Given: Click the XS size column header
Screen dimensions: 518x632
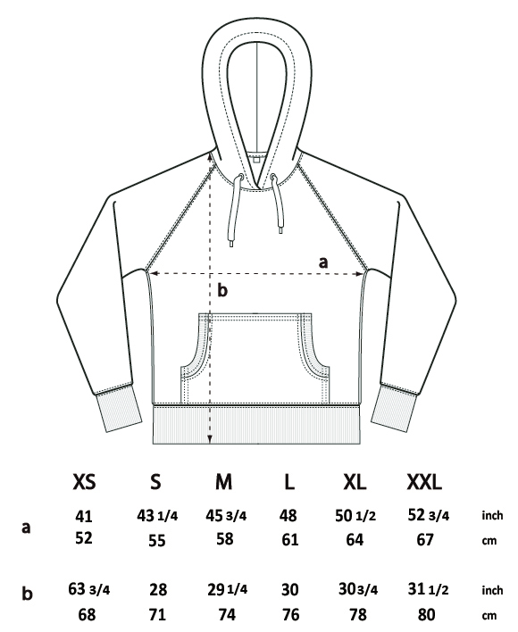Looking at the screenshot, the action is (x=84, y=481).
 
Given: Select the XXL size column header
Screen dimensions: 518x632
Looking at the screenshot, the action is (x=424, y=481).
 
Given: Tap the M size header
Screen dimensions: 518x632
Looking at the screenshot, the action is (x=224, y=481).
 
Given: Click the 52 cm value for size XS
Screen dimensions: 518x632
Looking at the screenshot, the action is (x=84, y=538).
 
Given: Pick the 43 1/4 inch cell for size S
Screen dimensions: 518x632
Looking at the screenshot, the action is (x=157, y=516).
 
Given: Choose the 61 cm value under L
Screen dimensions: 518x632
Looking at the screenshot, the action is (x=290, y=539).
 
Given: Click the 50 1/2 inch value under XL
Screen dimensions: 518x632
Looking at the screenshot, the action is (x=355, y=516).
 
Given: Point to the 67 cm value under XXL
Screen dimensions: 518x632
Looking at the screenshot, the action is (x=425, y=539).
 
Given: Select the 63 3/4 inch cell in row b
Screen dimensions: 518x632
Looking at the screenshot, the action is (x=88, y=589).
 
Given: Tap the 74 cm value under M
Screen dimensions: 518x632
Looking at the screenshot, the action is (x=227, y=614).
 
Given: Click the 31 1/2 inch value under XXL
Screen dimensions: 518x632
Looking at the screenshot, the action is (x=428, y=589).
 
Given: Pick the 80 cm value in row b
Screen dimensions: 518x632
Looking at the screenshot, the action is (x=427, y=614).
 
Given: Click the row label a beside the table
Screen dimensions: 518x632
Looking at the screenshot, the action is (x=26, y=528).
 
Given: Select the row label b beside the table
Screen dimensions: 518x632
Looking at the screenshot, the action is (x=27, y=593).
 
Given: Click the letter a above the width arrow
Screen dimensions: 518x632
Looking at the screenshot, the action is (x=323, y=262).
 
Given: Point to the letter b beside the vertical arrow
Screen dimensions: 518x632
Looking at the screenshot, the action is (x=222, y=290).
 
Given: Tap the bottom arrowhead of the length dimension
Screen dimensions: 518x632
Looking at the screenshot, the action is (x=210, y=439).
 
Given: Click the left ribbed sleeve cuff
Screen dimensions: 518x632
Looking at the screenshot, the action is (x=119, y=407).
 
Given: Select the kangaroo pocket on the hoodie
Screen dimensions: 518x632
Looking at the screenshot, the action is (x=255, y=358).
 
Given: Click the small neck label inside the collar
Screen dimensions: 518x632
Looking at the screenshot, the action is (x=256, y=160).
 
